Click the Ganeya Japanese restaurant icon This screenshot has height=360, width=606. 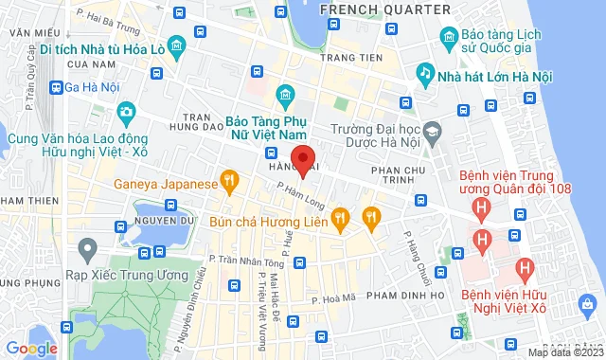227,179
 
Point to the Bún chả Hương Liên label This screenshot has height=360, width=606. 281,220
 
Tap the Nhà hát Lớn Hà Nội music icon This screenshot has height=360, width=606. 427,72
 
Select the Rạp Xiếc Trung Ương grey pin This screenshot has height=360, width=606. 87,250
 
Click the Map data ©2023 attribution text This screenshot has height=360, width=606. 564,352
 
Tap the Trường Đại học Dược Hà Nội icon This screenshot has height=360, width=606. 433,131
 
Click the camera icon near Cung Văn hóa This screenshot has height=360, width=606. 126,113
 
